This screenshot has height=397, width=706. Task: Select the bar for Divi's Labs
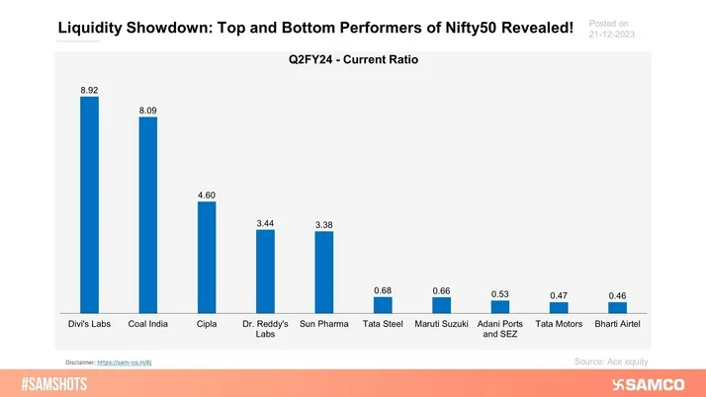[x=90, y=205]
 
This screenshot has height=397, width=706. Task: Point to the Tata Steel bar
[x=383, y=305]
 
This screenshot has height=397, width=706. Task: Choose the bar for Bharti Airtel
[x=618, y=308]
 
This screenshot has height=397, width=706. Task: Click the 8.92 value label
[x=90, y=90]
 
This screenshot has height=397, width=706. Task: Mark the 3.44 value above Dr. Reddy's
[x=265, y=224]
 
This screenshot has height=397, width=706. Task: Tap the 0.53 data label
[x=500, y=294]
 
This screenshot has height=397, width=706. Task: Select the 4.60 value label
[x=207, y=196]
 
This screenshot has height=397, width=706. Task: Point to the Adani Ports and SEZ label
[x=500, y=330]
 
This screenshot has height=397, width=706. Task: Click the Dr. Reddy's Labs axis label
[x=265, y=330]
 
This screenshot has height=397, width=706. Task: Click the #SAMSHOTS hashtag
[x=64, y=383]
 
